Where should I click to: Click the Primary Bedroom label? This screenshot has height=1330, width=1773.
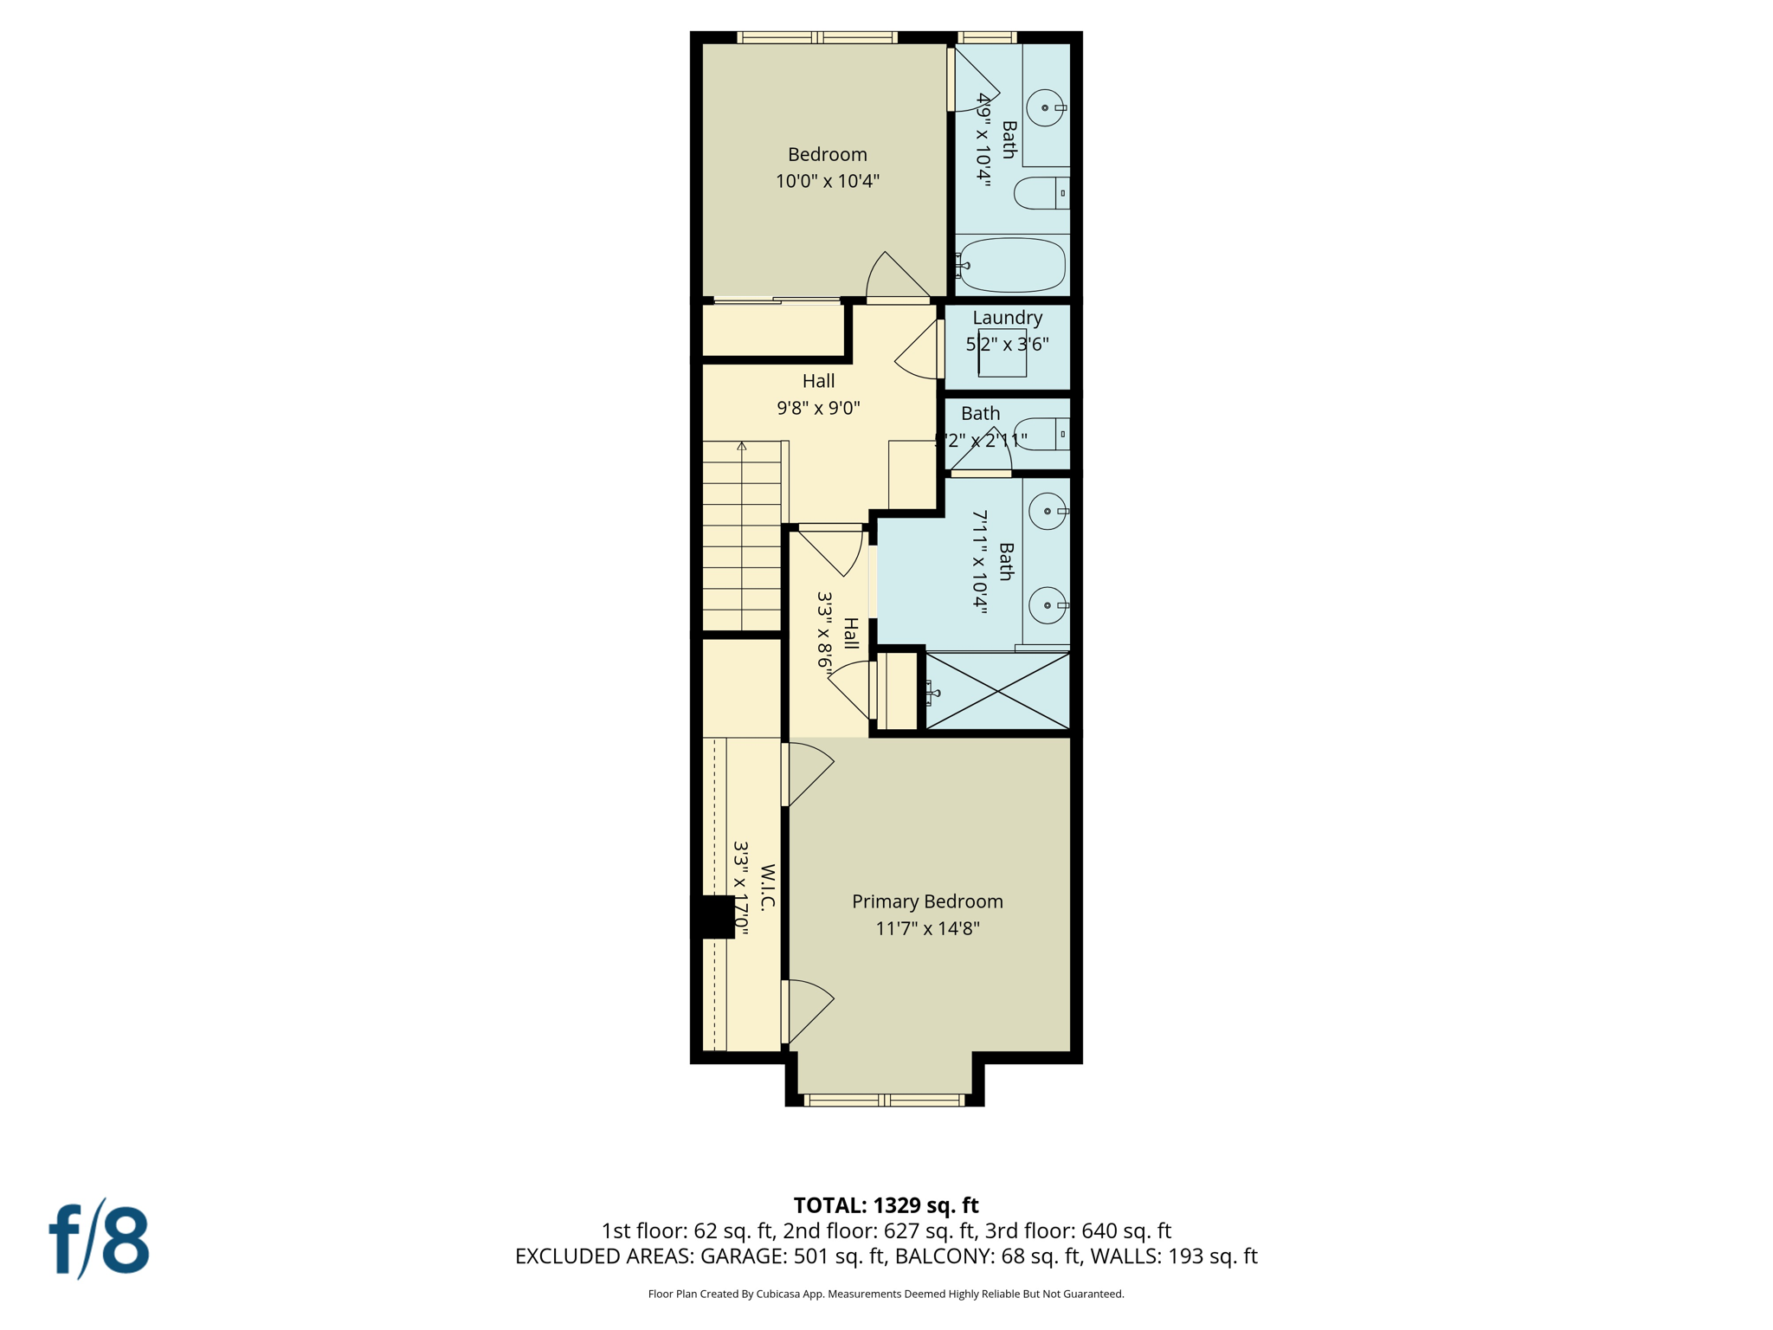(x=927, y=901)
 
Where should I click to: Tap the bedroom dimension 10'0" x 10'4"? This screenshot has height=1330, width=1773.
(x=827, y=181)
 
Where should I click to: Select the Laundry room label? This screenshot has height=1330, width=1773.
(x=1007, y=318)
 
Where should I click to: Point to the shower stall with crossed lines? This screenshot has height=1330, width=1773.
(x=997, y=691)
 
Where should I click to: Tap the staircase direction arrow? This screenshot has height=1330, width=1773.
(x=742, y=447)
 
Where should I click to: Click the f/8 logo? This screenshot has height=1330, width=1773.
(x=99, y=1240)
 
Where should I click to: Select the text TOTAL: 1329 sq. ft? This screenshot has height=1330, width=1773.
(x=886, y=1205)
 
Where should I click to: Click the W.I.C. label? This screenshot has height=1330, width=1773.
(x=768, y=888)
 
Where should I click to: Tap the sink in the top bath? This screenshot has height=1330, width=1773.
(x=1045, y=108)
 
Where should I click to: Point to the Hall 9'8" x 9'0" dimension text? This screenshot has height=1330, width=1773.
(x=818, y=408)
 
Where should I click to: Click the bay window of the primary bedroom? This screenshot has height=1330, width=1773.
(x=884, y=1101)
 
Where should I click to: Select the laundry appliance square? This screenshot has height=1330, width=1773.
(x=1003, y=353)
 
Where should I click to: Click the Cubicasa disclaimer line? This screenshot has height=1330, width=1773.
(x=886, y=1294)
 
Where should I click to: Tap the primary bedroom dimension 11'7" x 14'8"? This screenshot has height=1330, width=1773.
(x=927, y=929)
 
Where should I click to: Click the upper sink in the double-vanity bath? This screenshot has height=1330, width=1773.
(x=1048, y=512)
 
